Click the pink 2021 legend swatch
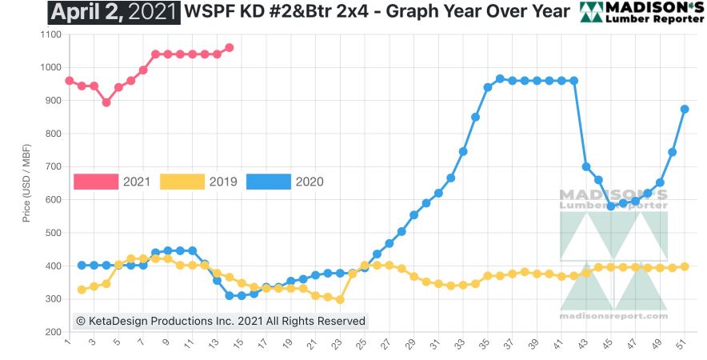(95, 182)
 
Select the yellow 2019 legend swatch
(182, 182)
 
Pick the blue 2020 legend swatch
(268, 182)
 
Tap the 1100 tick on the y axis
(50, 34)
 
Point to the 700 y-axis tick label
(52, 166)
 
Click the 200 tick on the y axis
(52, 331)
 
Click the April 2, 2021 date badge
(114, 12)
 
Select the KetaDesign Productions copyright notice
(220, 321)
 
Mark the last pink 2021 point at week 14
(229, 47)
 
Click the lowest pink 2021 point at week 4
(106, 102)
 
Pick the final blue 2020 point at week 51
(685, 109)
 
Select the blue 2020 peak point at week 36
(500, 78)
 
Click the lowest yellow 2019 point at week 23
(340, 299)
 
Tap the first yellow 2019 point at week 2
(82, 289)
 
